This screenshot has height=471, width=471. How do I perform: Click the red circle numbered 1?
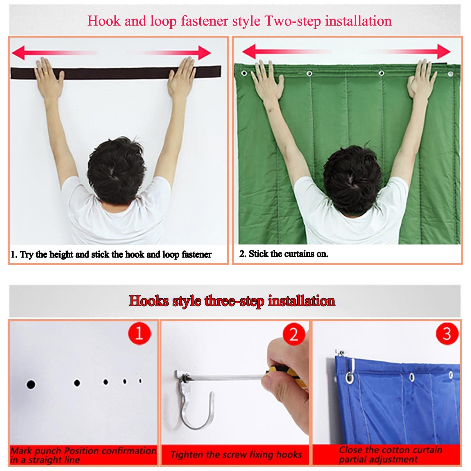click(139, 333)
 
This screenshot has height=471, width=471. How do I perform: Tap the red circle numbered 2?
click(294, 334)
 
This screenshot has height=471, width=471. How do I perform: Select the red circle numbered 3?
click(447, 334)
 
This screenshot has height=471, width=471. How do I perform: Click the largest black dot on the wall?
click(31, 384)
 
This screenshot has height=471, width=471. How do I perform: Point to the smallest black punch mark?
click(140, 380)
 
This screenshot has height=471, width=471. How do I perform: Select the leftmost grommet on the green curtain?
click(244, 73)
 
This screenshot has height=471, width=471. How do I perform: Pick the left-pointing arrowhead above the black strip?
click(18, 52)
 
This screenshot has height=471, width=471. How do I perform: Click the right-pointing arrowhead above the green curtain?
click(444, 52)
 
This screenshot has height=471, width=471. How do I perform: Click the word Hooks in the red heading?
click(148, 300)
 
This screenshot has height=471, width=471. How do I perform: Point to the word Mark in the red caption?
click(21, 451)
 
